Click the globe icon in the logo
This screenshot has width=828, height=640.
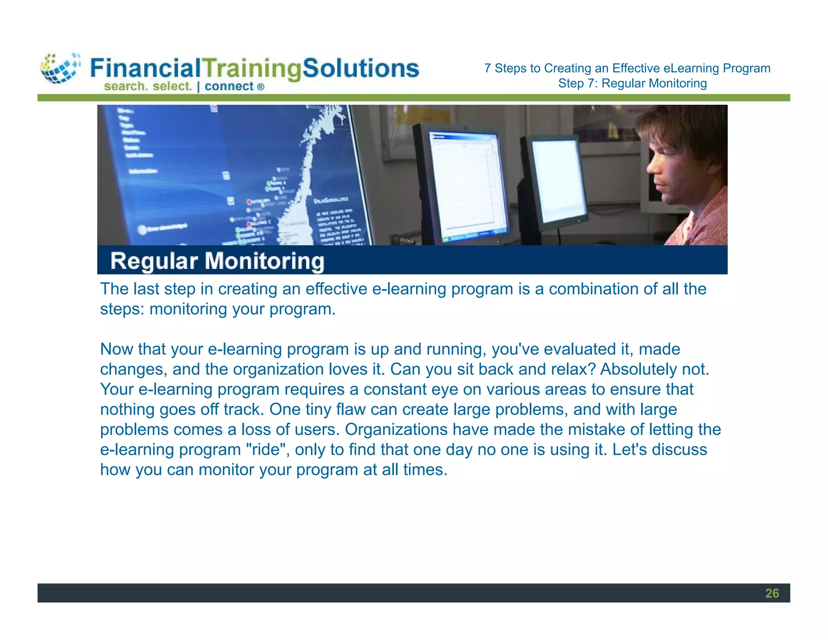click(x=60, y=68)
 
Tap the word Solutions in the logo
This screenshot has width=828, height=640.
click(x=361, y=68)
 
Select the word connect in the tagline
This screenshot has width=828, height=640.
click(x=229, y=86)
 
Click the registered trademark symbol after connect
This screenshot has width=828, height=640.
click(x=261, y=87)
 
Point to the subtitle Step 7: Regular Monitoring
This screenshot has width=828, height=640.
click(x=632, y=83)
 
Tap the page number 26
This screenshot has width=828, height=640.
click(x=772, y=593)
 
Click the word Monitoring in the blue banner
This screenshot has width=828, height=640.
click(x=264, y=261)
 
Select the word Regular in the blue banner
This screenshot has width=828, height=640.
click(x=154, y=261)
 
